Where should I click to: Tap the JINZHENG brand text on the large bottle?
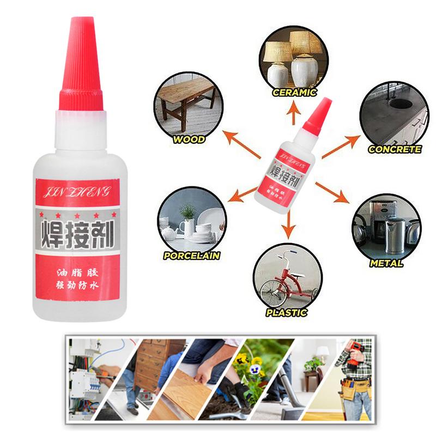click(x=77, y=190)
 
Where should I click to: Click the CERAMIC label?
click(x=295, y=93)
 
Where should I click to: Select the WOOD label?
click(x=189, y=140)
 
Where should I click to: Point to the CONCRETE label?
click(x=395, y=149)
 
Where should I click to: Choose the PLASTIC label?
click(x=287, y=313)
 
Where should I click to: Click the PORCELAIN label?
click(x=191, y=255)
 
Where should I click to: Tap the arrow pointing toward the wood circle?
click(x=243, y=146)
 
